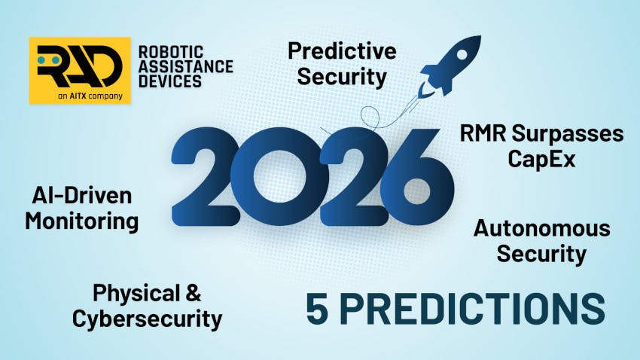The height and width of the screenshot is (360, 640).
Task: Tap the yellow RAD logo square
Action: [x=80, y=70]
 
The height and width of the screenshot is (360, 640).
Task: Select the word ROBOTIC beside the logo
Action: [x=170, y=52]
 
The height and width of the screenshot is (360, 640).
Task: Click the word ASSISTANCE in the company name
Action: [x=185, y=66]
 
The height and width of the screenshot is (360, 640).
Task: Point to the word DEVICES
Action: [x=170, y=81]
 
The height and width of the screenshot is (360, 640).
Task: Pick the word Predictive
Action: [x=342, y=51]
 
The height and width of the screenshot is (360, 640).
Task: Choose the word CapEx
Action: [x=541, y=160]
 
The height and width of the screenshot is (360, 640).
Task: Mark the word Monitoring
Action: [x=82, y=221]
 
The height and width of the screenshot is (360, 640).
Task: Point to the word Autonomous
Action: [x=541, y=228]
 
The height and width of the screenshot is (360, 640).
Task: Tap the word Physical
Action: [x=136, y=294]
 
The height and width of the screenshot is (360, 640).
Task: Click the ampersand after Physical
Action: [x=193, y=294]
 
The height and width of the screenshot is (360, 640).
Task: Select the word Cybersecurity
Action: [x=147, y=319]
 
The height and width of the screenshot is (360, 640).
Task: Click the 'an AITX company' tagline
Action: [x=80, y=96]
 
